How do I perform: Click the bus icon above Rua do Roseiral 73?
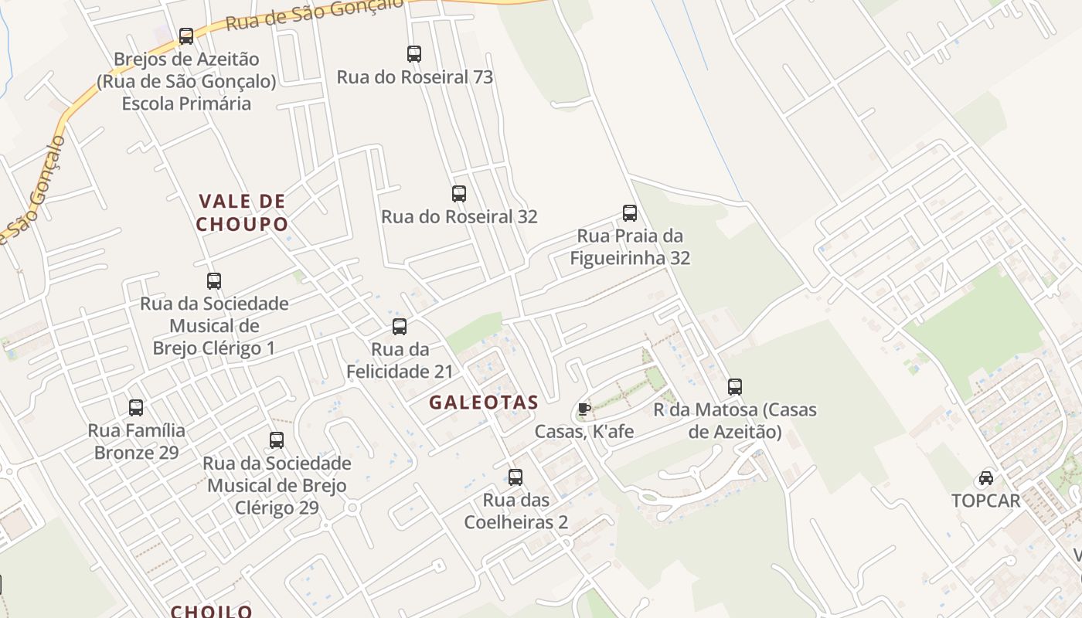point(414,54)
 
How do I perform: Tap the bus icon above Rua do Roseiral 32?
point(459,194)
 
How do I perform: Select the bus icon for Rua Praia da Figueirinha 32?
point(630,213)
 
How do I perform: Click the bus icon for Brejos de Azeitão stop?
point(186,36)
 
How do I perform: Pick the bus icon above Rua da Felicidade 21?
point(400,327)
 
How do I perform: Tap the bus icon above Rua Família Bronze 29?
point(136,408)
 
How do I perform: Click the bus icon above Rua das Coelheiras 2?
point(515,477)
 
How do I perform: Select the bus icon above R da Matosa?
point(735,387)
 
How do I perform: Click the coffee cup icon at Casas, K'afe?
point(584,409)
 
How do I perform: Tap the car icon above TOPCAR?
point(986,478)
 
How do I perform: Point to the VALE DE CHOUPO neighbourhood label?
point(242,213)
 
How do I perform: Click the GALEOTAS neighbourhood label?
point(484,402)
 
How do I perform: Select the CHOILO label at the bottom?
point(212,611)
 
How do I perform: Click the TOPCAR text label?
point(986,501)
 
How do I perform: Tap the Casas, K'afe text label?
point(584,432)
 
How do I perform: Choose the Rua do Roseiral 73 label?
point(414,77)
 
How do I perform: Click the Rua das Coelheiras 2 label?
point(515,511)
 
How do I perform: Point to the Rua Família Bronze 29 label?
point(136,441)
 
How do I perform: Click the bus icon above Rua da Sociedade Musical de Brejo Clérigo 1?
point(214,281)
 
